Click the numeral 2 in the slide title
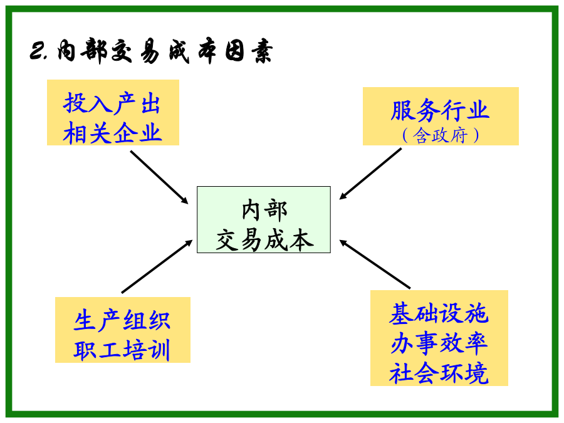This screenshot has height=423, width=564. pyautogui.click(x=36, y=51)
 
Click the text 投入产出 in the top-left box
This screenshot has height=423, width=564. pyautogui.click(x=112, y=103)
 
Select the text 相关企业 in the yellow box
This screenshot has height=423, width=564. pyautogui.click(x=113, y=132)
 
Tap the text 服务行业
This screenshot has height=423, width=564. pyautogui.click(x=440, y=110)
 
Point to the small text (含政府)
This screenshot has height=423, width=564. pyautogui.click(x=441, y=135)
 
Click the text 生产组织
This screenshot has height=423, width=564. pyautogui.click(x=122, y=320)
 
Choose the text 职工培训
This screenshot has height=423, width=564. pyautogui.click(x=122, y=350)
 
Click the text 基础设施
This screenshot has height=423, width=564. pyautogui.click(x=439, y=313)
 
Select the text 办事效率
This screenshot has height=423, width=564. pyautogui.click(x=439, y=343)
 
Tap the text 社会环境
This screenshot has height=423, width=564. pyautogui.click(x=439, y=373)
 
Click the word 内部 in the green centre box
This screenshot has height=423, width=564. pyautogui.click(x=264, y=211)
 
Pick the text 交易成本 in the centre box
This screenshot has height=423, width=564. pyautogui.click(x=264, y=240)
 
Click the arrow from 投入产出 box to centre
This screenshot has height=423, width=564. pyautogui.click(x=159, y=177)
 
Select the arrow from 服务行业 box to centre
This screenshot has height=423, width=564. pyautogui.click(x=370, y=174)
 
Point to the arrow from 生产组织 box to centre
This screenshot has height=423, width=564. pyautogui.click(x=157, y=266)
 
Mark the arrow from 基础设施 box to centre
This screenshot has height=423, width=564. pyautogui.click(x=375, y=264)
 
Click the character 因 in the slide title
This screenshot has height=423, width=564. pyautogui.click(x=236, y=51)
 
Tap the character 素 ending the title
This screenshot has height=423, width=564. pyautogui.click(x=262, y=51)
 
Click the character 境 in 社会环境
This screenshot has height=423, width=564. pyautogui.click(x=477, y=373)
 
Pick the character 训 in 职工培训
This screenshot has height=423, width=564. pyautogui.click(x=159, y=350)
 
